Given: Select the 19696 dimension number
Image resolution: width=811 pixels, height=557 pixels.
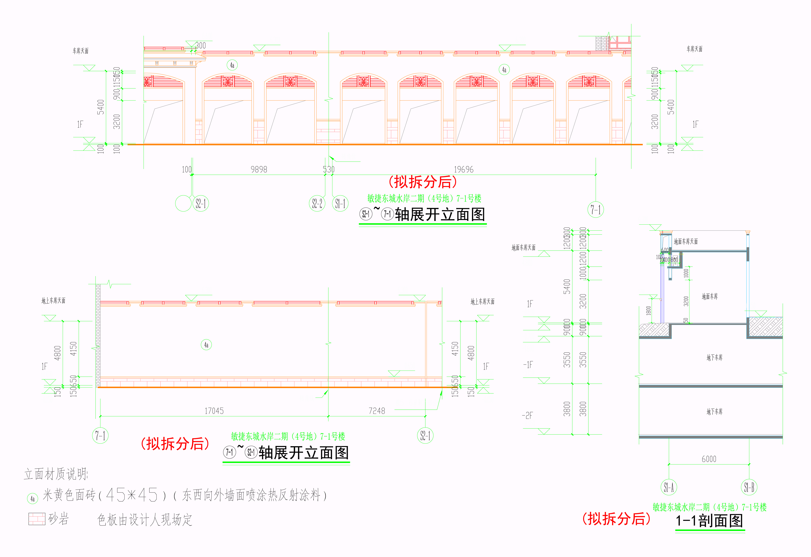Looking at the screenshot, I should pos(464,170).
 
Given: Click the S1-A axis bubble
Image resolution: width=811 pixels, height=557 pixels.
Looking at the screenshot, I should pos(669,487).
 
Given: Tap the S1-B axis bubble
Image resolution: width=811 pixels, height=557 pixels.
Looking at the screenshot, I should pos(749,487).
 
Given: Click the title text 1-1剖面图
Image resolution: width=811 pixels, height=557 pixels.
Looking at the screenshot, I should pos(709,521).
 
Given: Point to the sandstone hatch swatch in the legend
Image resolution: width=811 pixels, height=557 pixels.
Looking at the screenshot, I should pos(37,519).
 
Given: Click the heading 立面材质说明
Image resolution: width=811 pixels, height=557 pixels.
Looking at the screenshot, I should pos(56,474).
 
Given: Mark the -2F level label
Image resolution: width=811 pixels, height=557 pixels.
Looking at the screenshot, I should pos(527,415).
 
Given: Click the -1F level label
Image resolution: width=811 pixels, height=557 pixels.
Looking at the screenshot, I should pos(528,365).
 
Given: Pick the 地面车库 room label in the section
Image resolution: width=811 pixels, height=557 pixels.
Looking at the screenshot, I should pos(710,297).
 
